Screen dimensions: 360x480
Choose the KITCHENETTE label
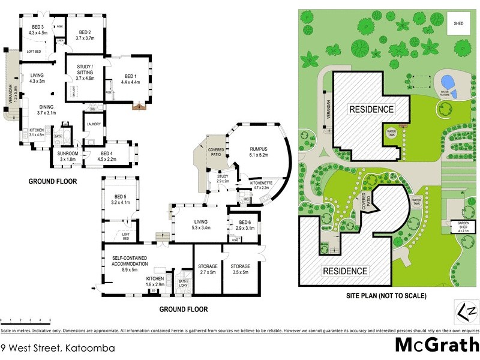pyautogui.click(x=262, y=184)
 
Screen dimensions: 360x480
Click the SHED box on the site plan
pyautogui.click(x=459, y=24)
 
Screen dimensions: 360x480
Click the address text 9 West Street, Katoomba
pyautogui.click(x=58, y=347)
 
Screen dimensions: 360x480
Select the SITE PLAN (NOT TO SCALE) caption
pyautogui.click(x=386, y=296)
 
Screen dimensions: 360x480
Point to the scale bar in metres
pyautogui.click(x=25, y=319)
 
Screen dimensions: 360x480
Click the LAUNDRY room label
pyautogui.click(x=93, y=124)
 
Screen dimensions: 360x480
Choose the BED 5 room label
pyautogui.click(x=121, y=199)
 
